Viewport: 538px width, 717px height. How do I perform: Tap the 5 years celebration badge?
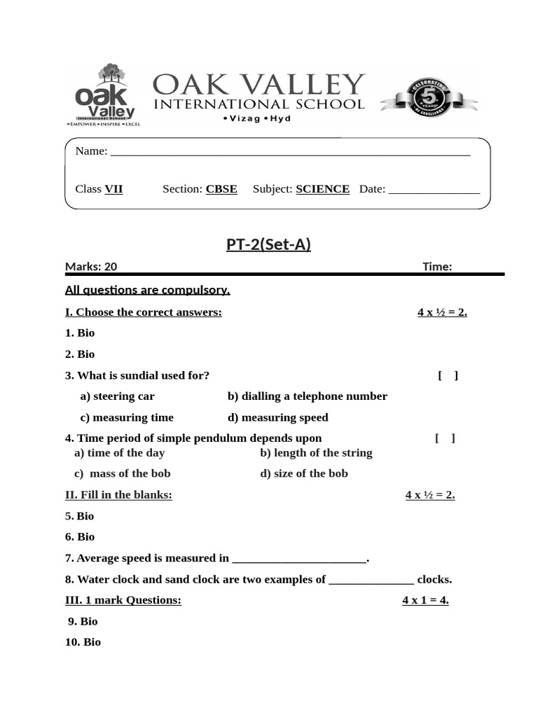pos(429,98)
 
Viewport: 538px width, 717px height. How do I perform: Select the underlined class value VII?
pos(113,189)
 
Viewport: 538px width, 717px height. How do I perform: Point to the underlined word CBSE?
pos(221,189)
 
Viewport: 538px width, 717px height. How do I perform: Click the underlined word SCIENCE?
pos(322,189)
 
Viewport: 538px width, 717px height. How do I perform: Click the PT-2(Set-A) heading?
pos(268,244)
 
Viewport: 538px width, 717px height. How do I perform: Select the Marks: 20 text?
pos(91,266)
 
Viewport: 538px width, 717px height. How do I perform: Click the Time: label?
pos(437,266)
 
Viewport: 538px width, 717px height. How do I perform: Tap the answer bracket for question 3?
pos(448,375)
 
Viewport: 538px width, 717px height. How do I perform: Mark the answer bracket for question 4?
pos(445,438)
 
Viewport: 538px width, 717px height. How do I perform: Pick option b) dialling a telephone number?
pos(307,396)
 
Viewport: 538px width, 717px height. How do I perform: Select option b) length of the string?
pos(316,453)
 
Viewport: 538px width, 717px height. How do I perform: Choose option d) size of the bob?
pos(303,473)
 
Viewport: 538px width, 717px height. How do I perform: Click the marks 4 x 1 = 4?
pos(425,600)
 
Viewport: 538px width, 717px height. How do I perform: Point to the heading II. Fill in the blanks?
pos(118,495)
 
